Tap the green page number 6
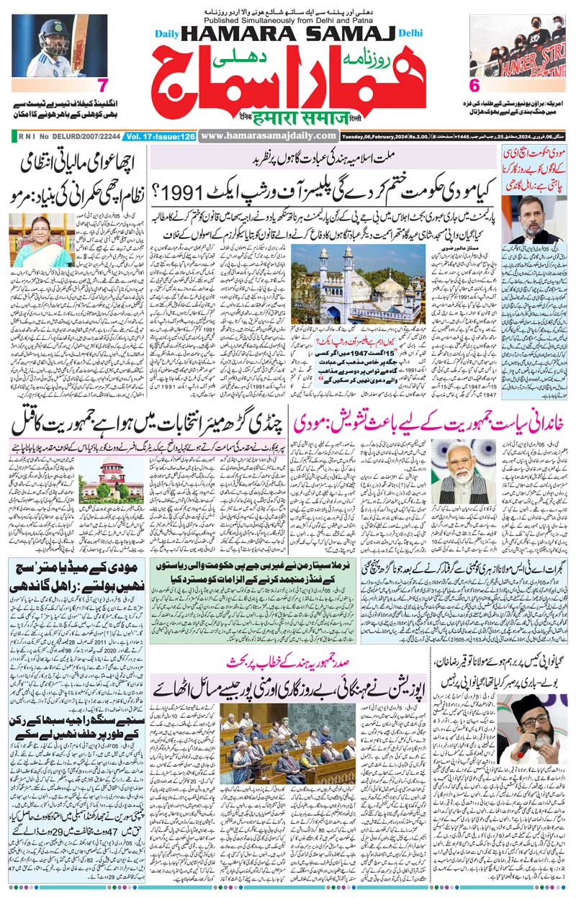(x=474, y=85)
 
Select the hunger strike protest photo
(x=516, y=45)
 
